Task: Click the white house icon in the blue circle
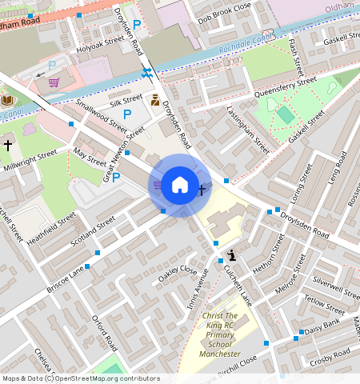click(x=180, y=186)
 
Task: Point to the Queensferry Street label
click(x=285, y=86)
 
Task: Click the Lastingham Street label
click(x=247, y=130)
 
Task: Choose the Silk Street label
click(x=126, y=100)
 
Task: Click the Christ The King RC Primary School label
click(x=220, y=334)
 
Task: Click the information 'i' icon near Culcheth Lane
click(x=232, y=255)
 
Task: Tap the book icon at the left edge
click(x=7, y=100)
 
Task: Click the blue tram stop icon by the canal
click(x=146, y=74)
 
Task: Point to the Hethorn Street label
click(x=267, y=254)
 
